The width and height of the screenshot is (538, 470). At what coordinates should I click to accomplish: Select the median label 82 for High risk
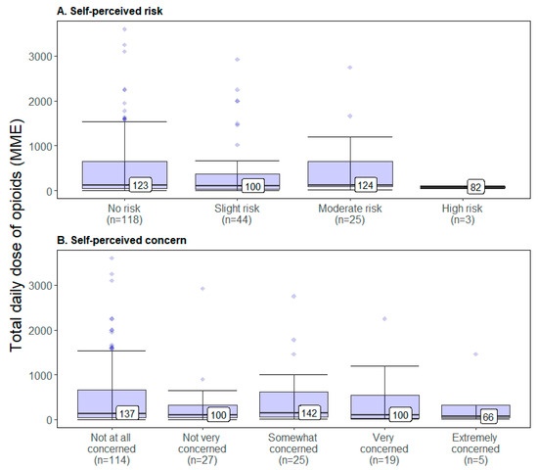473,186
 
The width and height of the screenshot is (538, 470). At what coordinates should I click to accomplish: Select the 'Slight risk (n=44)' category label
238,213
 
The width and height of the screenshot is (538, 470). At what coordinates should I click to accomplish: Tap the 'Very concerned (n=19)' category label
384,447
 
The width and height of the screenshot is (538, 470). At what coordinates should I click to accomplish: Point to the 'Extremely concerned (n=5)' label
475,447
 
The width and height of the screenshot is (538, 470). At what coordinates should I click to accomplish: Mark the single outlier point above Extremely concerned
476,354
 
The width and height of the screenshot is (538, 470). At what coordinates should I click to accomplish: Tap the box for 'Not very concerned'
203,411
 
